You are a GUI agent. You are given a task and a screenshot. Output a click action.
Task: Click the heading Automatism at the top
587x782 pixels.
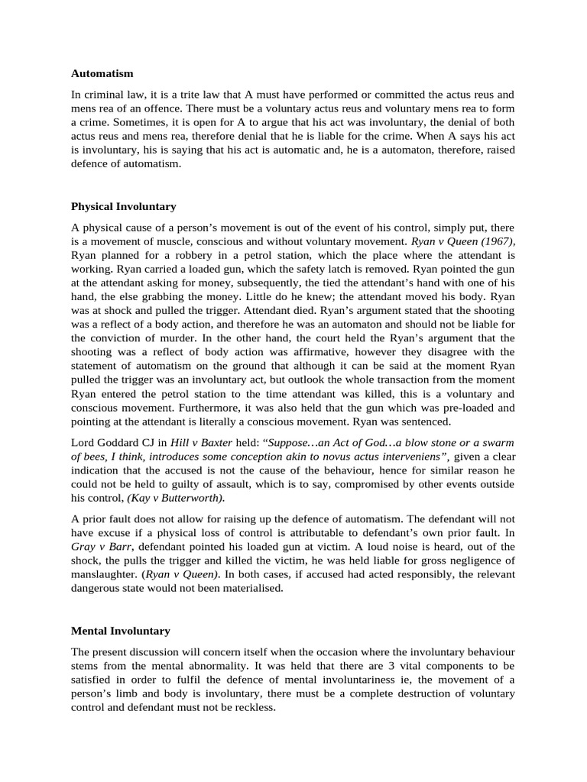click(x=102, y=73)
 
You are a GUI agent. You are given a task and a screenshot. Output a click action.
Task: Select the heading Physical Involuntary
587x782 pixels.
click(x=123, y=206)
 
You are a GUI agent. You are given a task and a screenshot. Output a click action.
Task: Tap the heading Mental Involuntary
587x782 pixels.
click(x=120, y=631)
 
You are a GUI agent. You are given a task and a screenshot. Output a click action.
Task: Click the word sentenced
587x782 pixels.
click(x=430, y=421)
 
